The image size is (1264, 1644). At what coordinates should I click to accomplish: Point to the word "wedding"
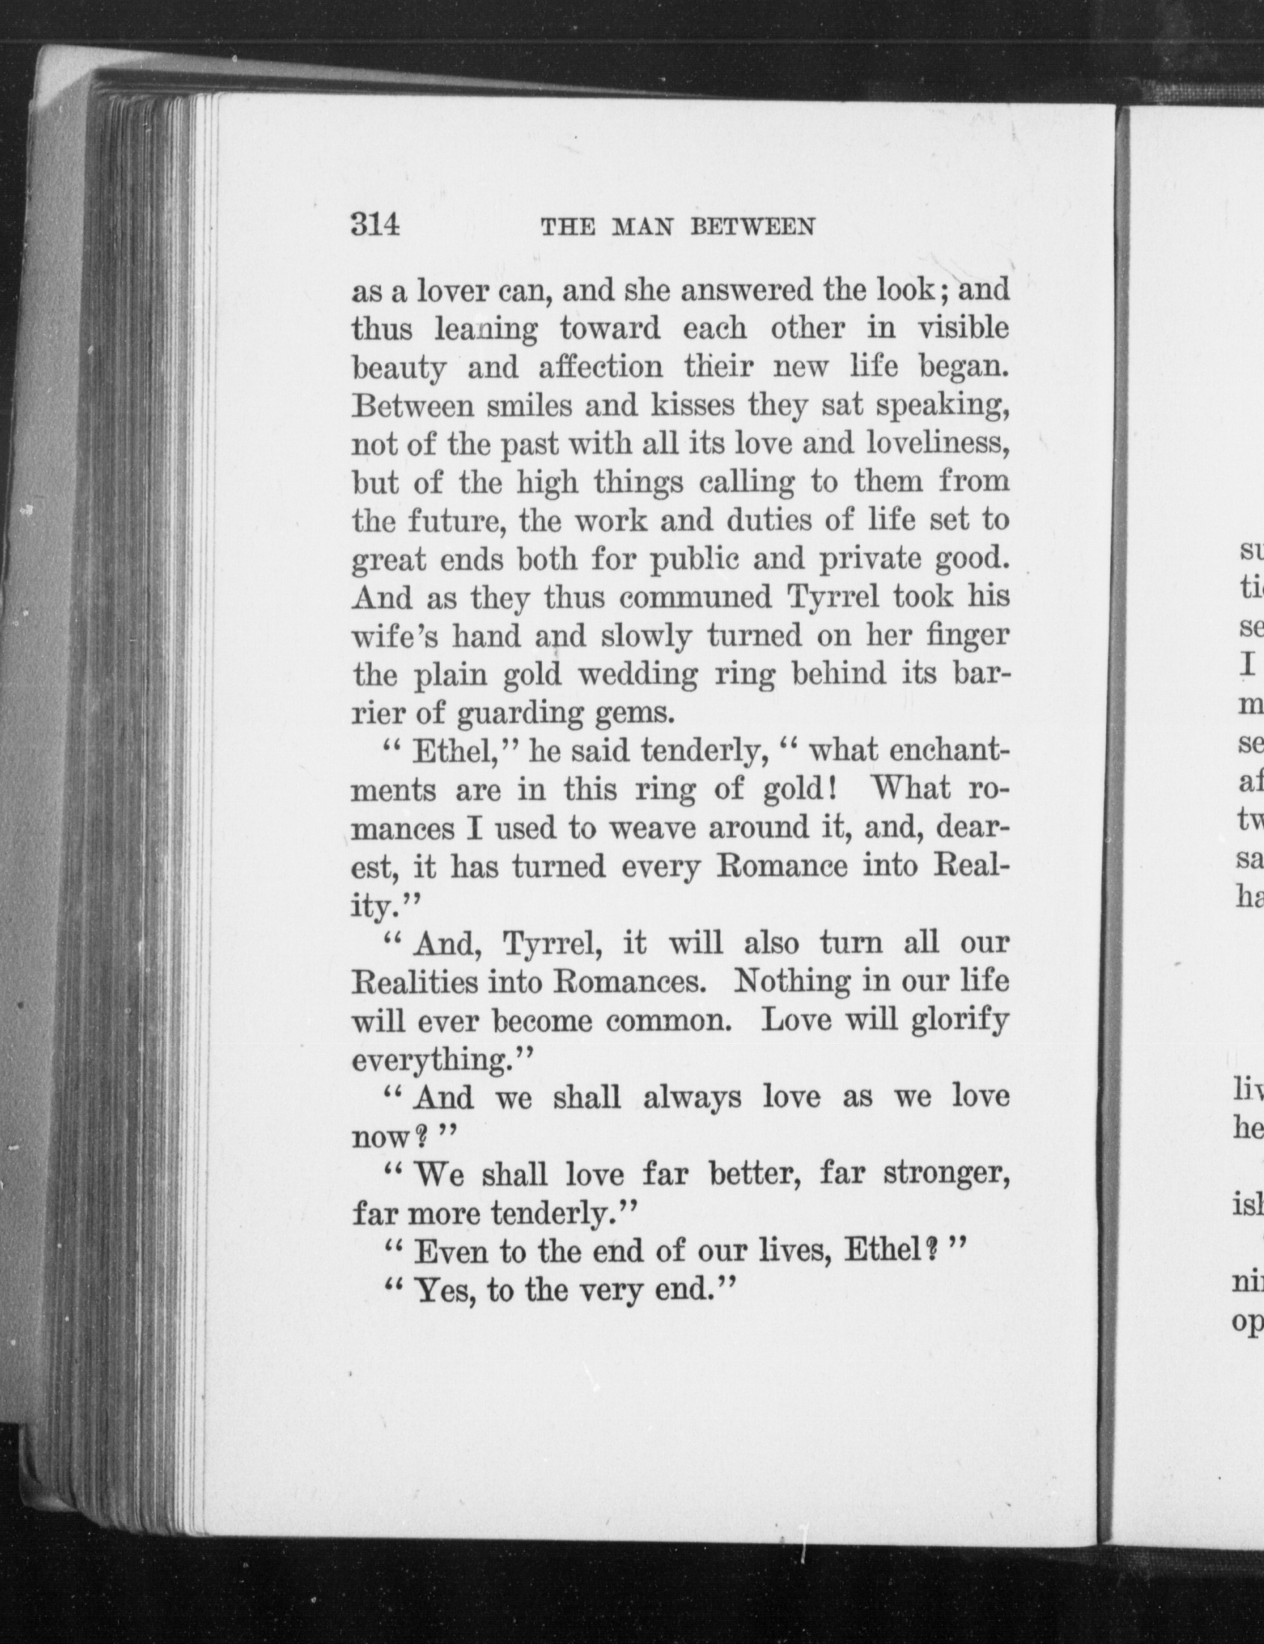638,675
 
